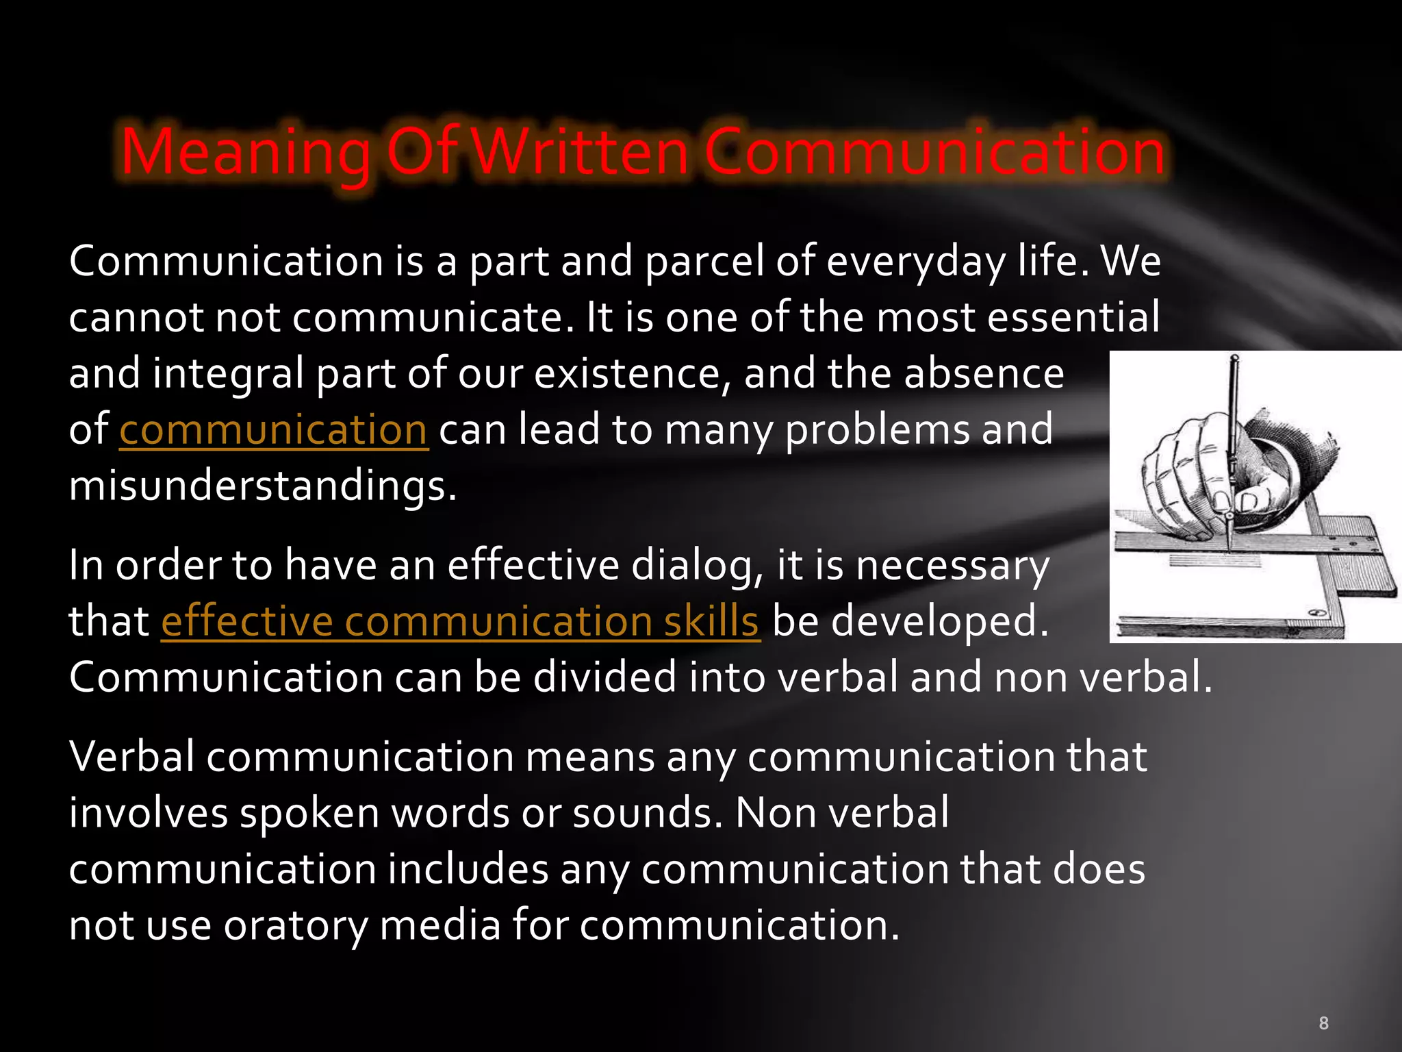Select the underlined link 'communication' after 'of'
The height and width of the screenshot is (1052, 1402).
pyautogui.click(x=274, y=430)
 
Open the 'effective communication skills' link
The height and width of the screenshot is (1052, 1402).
pyautogui.click(x=460, y=622)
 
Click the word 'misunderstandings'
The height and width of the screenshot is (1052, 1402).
pyautogui.click(x=262, y=486)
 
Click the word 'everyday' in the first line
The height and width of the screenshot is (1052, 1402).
pyautogui.click(x=917, y=262)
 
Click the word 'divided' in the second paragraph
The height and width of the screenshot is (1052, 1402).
pyautogui.click(x=604, y=678)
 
